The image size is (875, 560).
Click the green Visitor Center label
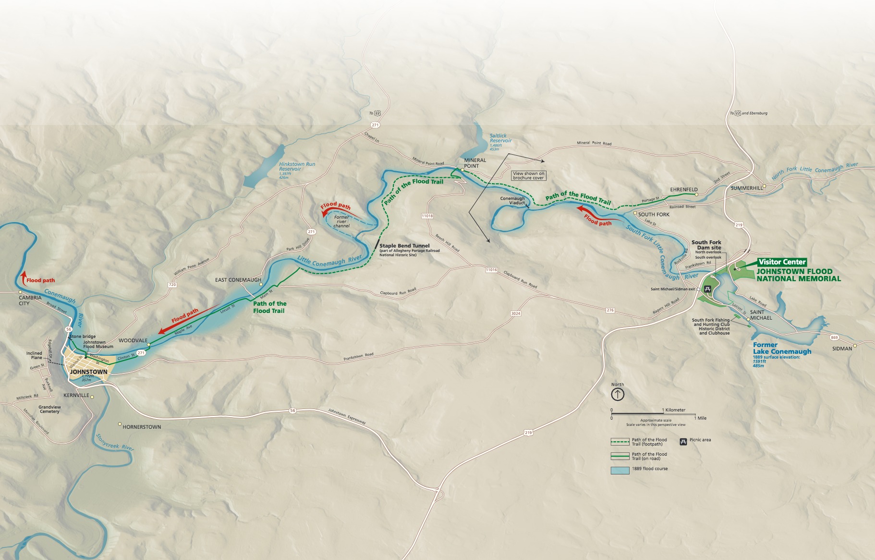pyautogui.click(x=782, y=262)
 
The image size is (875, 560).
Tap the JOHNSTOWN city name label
pyautogui.click(x=89, y=372)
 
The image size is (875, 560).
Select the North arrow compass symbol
pyautogui.click(x=618, y=395)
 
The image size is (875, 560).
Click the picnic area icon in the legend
pyautogui.click(x=683, y=441)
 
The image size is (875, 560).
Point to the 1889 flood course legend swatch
pyautogui.click(x=620, y=470)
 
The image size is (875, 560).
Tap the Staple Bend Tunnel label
pyautogui.click(x=404, y=246)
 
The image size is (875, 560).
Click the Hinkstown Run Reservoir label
pyautogui.click(x=297, y=166)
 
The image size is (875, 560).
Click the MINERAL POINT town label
pyautogui.click(x=475, y=163)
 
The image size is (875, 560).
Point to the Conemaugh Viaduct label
pyautogui.click(x=512, y=200)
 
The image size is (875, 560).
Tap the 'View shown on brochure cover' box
pyautogui.click(x=528, y=175)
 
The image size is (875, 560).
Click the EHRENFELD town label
pyautogui.click(x=684, y=189)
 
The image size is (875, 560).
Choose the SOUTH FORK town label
pyautogui.click(x=654, y=214)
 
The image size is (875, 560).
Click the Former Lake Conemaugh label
pyautogui.click(x=782, y=348)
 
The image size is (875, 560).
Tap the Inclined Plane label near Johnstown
pyautogui.click(x=34, y=355)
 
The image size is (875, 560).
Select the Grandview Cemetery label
pyautogui.click(x=49, y=409)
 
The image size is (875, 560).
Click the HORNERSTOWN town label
pyautogui.click(x=142, y=427)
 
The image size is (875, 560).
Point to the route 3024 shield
pyautogui.click(x=515, y=313)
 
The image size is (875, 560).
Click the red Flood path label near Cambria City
pyautogui.click(x=40, y=280)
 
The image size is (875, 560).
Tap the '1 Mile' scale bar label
pyautogui.click(x=702, y=418)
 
